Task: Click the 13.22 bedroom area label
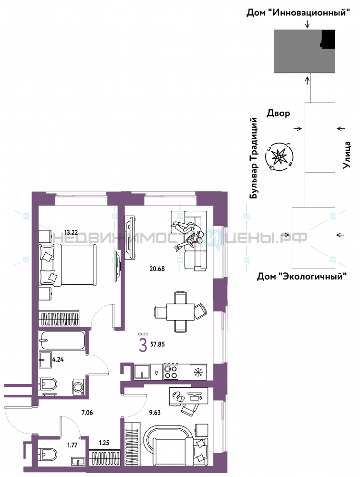click(x=71, y=232)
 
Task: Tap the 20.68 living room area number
click(x=157, y=269)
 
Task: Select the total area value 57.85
click(x=157, y=344)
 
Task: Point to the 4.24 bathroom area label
click(x=58, y=359)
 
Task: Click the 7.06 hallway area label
click(x=87, y=413)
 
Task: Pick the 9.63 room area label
click(x=155, y=413)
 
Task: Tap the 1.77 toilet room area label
click(x=72, y=445)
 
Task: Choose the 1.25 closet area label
click(x=104, y=443)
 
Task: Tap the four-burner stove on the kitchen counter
click(x=171, y=372)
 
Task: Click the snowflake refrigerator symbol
click(x=198, y=372)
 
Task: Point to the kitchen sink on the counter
click(x=142, y=372)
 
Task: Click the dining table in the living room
click(x=180, y=312)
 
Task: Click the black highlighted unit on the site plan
click(x=328, y=39)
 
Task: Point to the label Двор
click(x=278, y=114)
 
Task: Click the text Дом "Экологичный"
click(x=302, y=277)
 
